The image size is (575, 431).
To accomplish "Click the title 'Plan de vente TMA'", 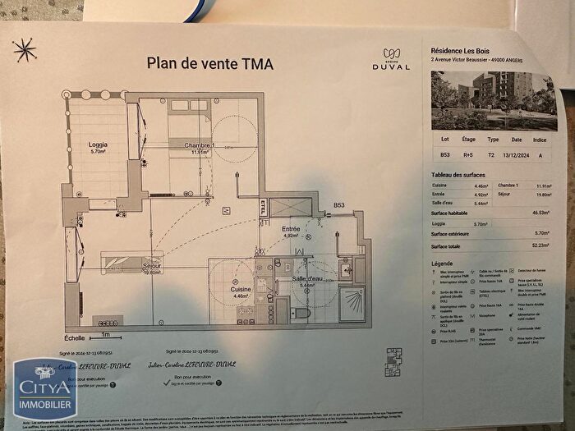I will click(x=209, y=62).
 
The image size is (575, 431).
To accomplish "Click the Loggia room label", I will click(x=98, y=148).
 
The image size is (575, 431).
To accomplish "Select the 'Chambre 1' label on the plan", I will click(x=199, y=147).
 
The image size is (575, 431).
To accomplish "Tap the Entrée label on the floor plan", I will click(x=291, y=231).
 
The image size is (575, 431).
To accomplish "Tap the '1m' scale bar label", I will click(x=105, y=336).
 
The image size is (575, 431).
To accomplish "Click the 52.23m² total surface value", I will click(x=538, y=243).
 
